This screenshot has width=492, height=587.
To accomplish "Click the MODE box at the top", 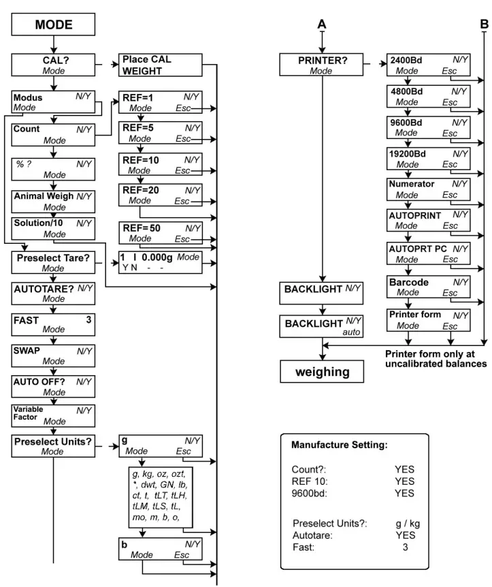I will tap(53, 27).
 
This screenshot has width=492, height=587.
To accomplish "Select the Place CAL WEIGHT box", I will tap(161, 65).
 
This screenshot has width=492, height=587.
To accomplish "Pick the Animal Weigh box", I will tap(53, 201).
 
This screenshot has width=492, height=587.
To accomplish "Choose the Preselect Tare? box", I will tap(53, 262).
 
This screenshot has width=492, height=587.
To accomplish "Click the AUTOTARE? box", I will tap(53, 293).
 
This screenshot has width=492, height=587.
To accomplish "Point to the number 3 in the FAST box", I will tap(88, 318).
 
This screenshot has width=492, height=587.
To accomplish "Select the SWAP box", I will tap(53, 355).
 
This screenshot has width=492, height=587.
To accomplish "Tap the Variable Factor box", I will tap(53, 415).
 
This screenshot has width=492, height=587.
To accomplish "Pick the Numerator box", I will tap(428, 189).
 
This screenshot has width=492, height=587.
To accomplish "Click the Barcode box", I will tap(428, 287).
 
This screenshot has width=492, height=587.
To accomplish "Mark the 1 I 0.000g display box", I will tap(161, 262).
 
